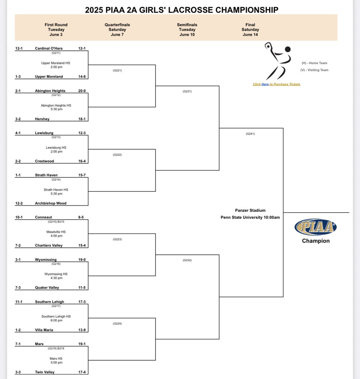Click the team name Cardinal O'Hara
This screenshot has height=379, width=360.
coord(49,48)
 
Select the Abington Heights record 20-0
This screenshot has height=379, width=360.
coord(82,91)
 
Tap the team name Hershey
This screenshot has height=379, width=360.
coord(42,119)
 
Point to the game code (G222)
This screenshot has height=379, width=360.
coord(117,155)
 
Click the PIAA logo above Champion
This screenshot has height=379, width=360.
coord(315,227)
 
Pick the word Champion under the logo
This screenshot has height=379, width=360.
coord(315,241)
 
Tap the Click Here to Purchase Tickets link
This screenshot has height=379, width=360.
coord(276,84)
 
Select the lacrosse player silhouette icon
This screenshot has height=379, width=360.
coord(276,60)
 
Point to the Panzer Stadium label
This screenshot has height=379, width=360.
coord(250,210)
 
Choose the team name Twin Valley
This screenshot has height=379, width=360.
coord(45,372)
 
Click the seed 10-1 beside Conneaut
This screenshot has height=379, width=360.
coord(19,217)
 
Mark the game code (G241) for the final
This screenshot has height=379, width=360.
coord(250,134)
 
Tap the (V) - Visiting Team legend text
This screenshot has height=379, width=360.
coord(314,70)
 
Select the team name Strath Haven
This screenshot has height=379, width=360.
coord(46,175)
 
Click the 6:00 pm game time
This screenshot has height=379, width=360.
coord(56,320)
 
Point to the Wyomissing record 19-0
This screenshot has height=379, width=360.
coord(82,260)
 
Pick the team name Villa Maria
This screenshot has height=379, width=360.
coord(44,330)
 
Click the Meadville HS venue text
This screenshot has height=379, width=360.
coord(56,232)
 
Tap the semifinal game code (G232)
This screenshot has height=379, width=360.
coord(187,260)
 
